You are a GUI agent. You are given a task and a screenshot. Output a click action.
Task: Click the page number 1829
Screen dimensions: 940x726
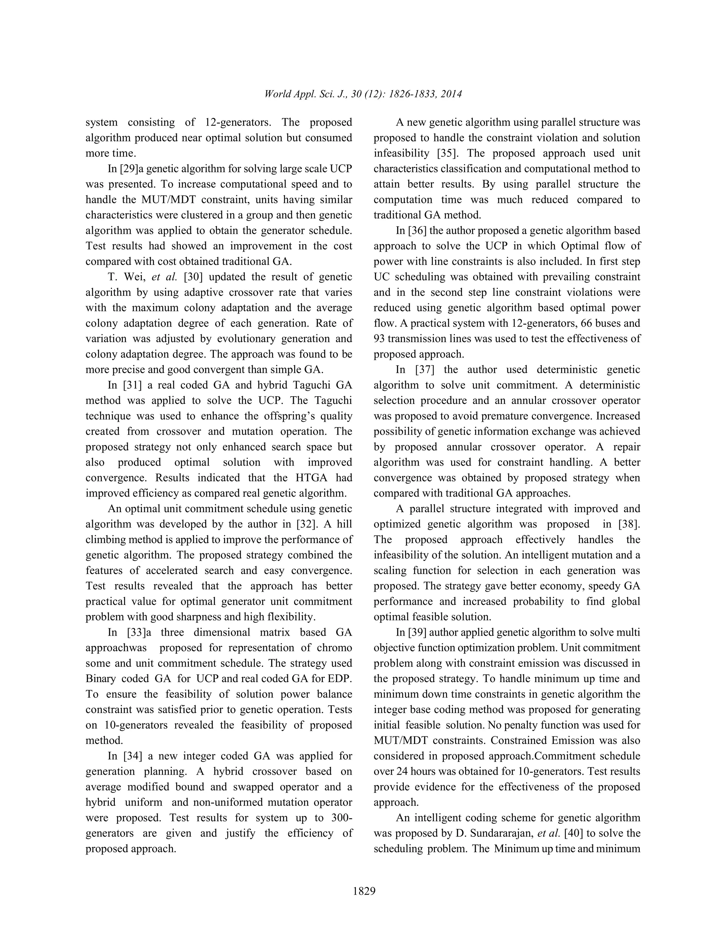(364, 891)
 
